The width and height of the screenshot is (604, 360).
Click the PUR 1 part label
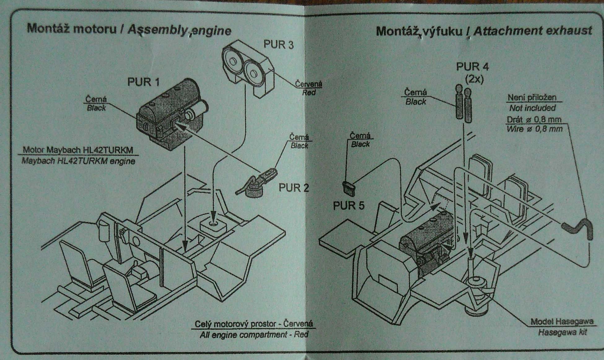click(x=143, y=82)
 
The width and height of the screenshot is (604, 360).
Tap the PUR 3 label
click(x=278, y=45)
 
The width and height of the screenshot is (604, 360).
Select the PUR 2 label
click(x=294, y=187)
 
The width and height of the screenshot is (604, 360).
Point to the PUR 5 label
click(x=348, y=205)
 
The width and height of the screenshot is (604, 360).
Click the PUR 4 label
click(x=472, y=67)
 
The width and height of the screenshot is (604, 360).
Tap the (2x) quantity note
click(x=474, y=79)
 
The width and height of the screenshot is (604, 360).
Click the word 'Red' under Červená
click(x=309, y=92)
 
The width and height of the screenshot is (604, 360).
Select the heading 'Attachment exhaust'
click(x=532, y=31)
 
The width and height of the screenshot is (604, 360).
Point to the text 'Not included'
click(x=532, y=108)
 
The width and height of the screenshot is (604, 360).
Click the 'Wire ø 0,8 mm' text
click(x=534, y=129)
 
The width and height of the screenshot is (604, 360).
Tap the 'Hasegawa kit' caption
click(x=562, y=332)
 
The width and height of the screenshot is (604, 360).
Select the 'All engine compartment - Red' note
click(x=254, y=335)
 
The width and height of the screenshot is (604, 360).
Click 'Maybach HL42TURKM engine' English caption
click(x=78, y=161)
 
